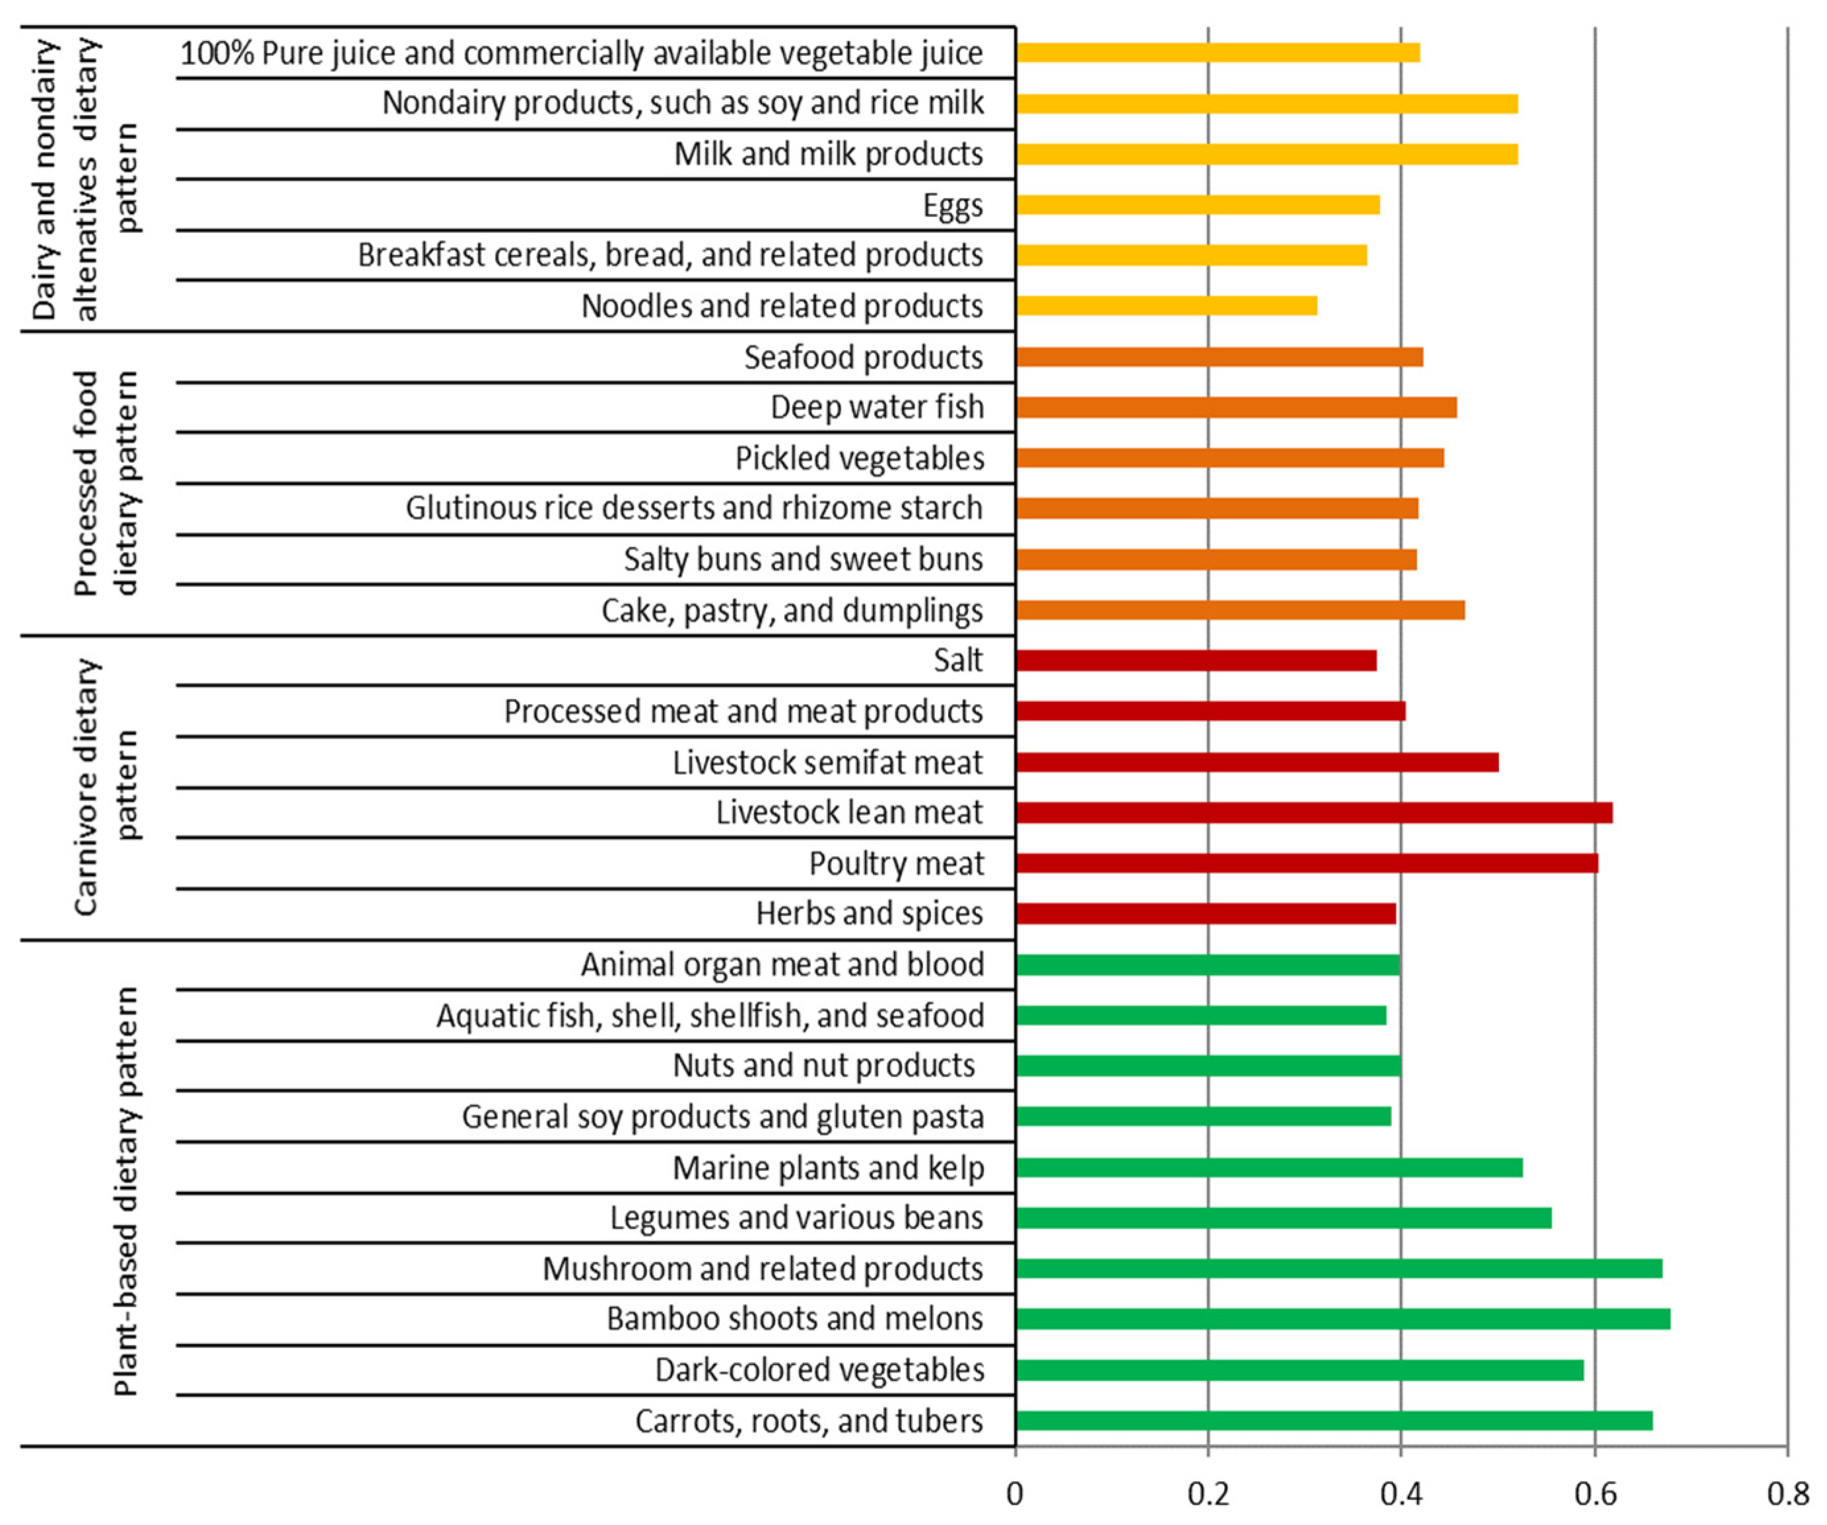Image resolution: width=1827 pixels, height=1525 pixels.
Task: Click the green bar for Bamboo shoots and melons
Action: point(1342,1319)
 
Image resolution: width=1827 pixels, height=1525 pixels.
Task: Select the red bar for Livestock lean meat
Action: point(1314,812)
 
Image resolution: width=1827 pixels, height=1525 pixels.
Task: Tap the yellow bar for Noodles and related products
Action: point(1166,306)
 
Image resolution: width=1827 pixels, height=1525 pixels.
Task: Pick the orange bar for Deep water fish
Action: point(1235,408)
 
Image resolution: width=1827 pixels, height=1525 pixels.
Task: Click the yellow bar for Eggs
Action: point(1197,205)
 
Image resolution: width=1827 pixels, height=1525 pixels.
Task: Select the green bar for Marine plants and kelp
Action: point(1268,1167)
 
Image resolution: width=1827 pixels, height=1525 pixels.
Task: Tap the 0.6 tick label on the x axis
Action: point(1595,1494)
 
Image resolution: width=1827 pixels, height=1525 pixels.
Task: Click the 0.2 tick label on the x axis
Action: point(1208,1494)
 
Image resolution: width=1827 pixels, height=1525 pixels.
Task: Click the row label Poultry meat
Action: point(896,863)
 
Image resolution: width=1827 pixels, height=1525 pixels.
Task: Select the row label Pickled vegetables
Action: point(860,458)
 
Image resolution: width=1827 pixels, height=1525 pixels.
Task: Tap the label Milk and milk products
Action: point(828,154)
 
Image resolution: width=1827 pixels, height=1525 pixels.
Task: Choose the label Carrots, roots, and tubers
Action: point(809,1421)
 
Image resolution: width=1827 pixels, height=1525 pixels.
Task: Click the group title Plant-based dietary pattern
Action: point(126,1193)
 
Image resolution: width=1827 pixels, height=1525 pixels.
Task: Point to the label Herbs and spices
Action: point(869,913)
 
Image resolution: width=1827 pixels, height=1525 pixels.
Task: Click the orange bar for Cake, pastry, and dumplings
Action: point(1240,610)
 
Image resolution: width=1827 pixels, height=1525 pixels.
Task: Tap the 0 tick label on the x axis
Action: point(1014,1494)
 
